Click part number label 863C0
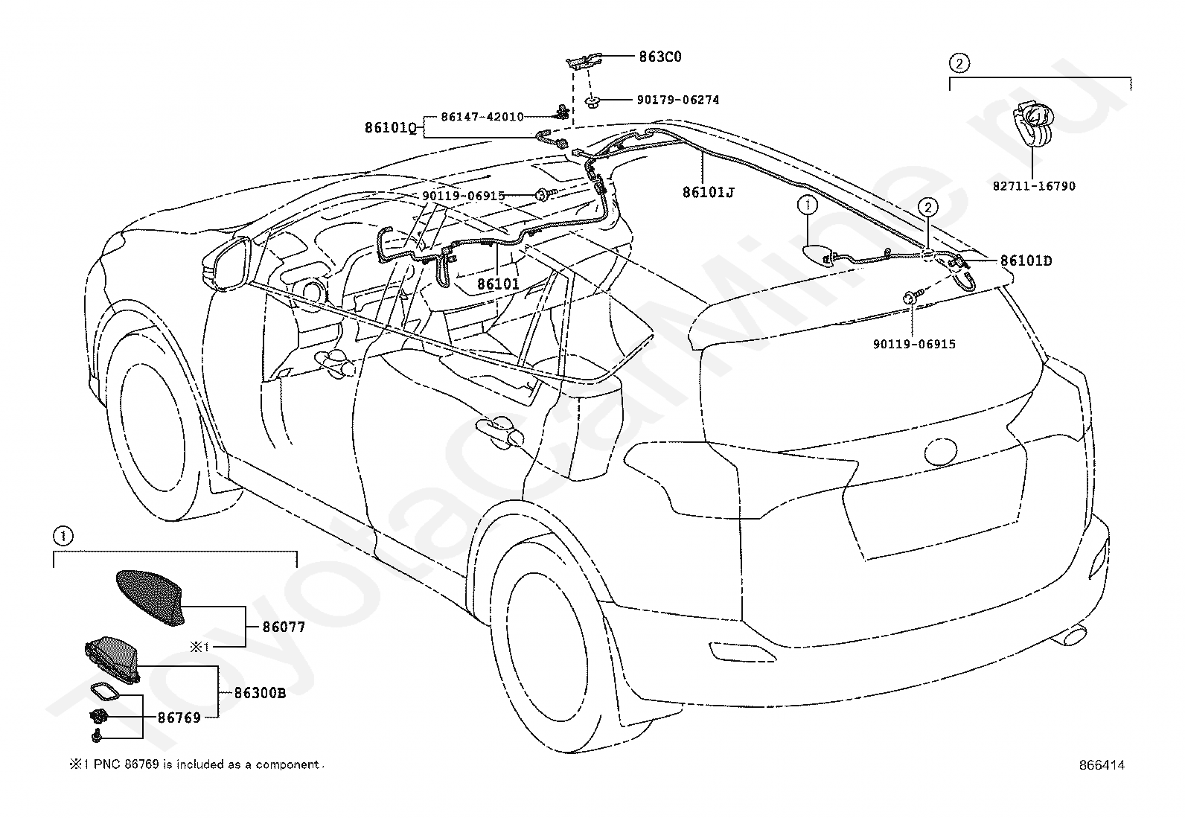[x=659, y=57]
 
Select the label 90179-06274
[x=677, y=100]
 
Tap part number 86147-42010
[x=482, y=116]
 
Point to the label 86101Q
[x=391, y=127]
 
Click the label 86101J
[x=709, y=192]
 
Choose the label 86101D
[x=1026, y=261]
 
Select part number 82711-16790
[x=1034, y=186]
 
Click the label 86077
[x=284, y=627]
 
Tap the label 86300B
[x=260, y=693]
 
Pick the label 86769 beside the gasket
[x=179, y=718]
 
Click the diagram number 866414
[x=1102, y=765]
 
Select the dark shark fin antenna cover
[x=150, y=598]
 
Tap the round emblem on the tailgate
[x=941, y=451]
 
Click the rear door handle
[x=500, y=430]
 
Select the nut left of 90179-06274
[x=592, y=101]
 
